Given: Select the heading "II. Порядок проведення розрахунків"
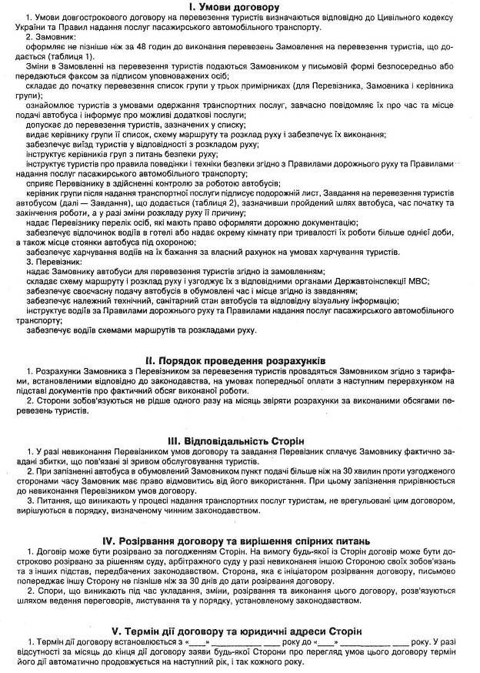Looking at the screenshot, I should (239, 360).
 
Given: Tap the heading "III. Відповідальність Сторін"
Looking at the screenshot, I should (239, 440).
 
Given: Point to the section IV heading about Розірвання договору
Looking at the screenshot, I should (239, 540).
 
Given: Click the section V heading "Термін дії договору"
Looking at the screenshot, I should (239, 631).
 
